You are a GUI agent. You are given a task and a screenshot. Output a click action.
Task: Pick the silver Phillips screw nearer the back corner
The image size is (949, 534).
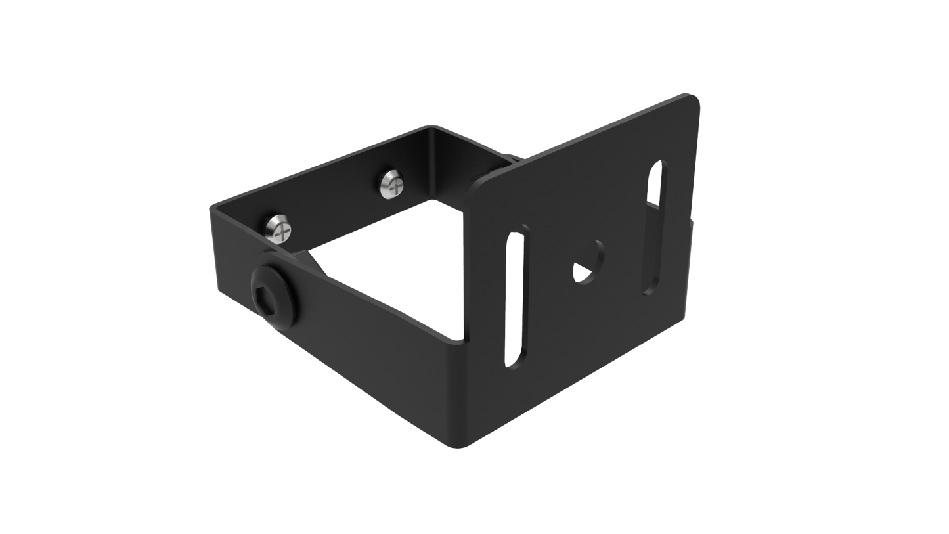[x=393, y=184]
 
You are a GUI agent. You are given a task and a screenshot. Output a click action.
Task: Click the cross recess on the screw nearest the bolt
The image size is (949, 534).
[x=282, y=230]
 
